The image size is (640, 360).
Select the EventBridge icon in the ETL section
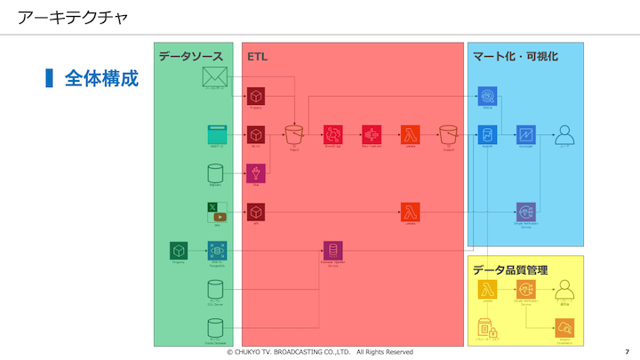pyautogui.click(x=332, y=134)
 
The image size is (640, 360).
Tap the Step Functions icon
pyautogui.click(x=371, y=134)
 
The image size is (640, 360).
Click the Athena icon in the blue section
pyautogui.click(x=487, y=96)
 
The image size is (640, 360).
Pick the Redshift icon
pyautogui.click(x=487, y=134)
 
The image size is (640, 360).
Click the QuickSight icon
pyautogui.click(x=525, y=134)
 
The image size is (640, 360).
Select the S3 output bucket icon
pyautogui.click(x=448, y=134)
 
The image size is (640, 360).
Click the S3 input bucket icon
pyautogui.click(x=293, y=134)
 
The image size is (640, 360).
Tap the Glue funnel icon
pyautogui.click(x=256, y=172)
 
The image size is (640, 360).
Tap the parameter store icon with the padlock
pyautogui.click(x=487, y=329)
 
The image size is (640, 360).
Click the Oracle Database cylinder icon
pyautogui.click(x=214, y=328)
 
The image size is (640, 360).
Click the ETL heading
pyautogui.click(x=257, y=56)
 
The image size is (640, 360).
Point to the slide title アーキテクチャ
pyautogui.click(x=72, y=16)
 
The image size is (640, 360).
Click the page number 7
pyautogui.click(x=627, y=352)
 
